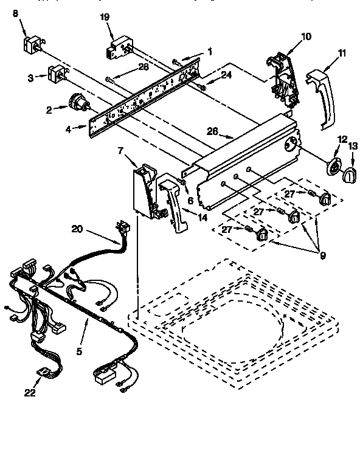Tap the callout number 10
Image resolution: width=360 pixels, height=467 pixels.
[x=305, y=36]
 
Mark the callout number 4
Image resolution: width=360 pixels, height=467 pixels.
[x=68, y=128]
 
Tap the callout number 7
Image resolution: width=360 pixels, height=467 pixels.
[x=120, y=150]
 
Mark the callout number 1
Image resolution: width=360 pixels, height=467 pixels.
[x=209, y=52]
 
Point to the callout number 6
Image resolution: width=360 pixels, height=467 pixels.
[x=190, y=201]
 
